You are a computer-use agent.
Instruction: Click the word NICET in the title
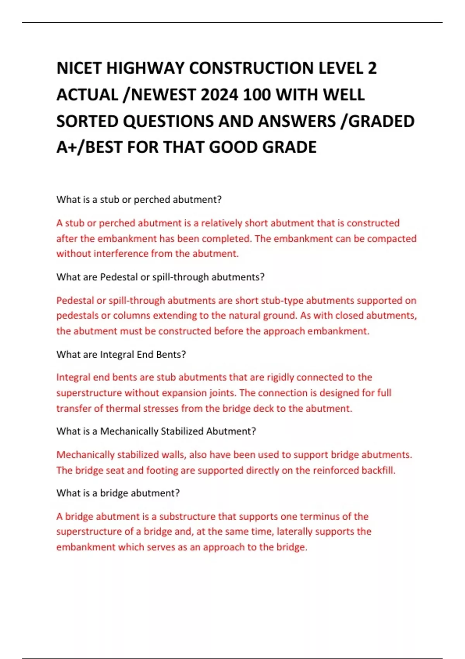[x=79, y=68]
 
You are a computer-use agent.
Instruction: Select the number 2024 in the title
[x=219, y=95]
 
